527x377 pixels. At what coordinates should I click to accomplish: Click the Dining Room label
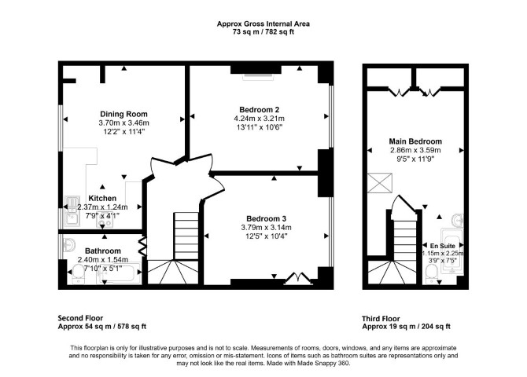click(x=123, y=114)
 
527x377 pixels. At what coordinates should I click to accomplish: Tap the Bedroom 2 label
click(x=259, y=109)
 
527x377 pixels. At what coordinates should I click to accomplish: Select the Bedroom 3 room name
click(x=266, y=219)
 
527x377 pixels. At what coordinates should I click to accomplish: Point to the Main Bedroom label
click(x=415, y=141)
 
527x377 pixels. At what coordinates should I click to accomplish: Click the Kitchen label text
click(x=102, y=198)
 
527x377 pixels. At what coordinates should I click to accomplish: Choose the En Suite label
click(x=443, y=246)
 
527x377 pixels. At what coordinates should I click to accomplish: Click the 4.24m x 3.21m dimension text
click(x=259, y=119)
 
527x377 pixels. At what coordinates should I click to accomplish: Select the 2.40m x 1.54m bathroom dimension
click(x=103, y=259)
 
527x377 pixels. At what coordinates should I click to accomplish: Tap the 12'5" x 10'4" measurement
click(x=266, y=236)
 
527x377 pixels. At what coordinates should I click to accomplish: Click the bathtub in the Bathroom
click(x=119, y=273)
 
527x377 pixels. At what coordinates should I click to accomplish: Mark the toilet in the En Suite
click(x=431, y=274)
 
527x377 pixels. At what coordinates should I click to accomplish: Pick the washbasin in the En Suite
click(x=458, y=220)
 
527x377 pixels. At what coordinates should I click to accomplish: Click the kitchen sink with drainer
click(x=72, y=210)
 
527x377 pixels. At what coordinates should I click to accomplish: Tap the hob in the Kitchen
click(x=105, y=221)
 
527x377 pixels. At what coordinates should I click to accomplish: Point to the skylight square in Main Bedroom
click(x=380, y=183)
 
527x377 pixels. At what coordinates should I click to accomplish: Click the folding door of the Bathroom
click(x=142, y=247)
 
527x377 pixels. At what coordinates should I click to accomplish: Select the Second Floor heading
click(x=80, y=318)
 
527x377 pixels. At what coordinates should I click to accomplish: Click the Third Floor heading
click(x=381, y=319)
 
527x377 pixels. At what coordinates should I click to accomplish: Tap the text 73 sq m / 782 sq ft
click(x=263, y=32)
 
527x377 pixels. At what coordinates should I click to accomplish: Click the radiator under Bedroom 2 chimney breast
click(x=258, y=77)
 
